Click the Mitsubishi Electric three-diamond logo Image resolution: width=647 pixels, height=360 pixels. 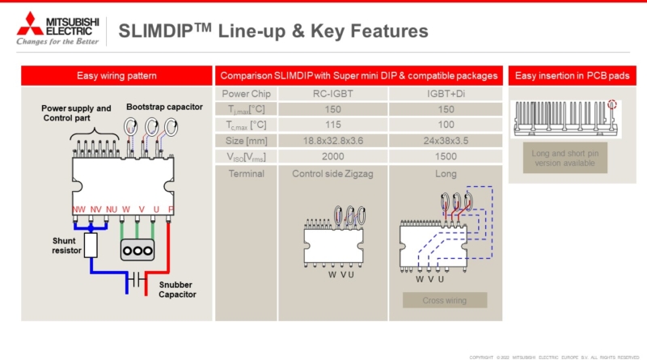(31, 22)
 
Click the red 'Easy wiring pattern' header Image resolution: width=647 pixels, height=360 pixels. (116, 75)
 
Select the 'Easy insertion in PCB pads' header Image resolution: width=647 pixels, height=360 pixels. (573, 75)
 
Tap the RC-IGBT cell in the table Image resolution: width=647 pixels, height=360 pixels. (332, 94)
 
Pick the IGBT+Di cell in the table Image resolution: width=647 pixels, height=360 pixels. (445, 94)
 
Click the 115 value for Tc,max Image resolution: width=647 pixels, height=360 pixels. (332, 125)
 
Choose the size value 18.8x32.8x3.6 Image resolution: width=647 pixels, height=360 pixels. (332, 140)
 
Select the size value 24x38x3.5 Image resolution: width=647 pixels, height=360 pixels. (445, 140)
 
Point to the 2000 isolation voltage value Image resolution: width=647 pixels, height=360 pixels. (332, 155)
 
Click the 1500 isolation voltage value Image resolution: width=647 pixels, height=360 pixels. (445, 155)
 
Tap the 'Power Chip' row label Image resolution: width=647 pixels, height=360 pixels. (246, 94)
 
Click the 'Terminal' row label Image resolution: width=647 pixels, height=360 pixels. (246, 174)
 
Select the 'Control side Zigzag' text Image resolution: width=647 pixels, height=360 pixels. (332, 174)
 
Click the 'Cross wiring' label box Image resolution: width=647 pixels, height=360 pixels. (445, 300)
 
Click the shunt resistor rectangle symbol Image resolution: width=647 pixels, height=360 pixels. (91, 244)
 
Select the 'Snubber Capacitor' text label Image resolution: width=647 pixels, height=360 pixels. (177, 290)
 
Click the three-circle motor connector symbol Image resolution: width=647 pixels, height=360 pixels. (137, 249)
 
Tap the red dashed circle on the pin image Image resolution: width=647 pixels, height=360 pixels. (612, 104)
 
